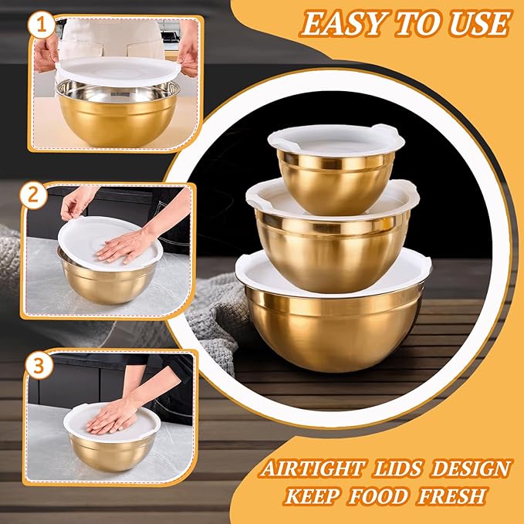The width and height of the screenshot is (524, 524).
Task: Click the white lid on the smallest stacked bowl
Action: pos(336,137)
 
